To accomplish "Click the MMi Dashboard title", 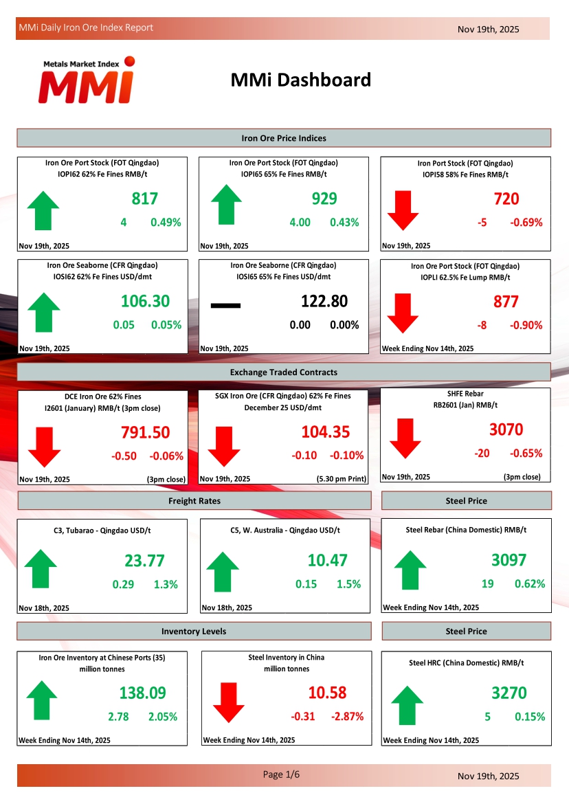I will point(301,80).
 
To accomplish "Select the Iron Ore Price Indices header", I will point(284,138).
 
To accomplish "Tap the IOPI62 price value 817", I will point(145,199).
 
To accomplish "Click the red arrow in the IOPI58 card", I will point(403,210).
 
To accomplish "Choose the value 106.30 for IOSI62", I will point(145,302).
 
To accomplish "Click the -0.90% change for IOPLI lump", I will point(526,325).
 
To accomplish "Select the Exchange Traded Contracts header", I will point(284,372).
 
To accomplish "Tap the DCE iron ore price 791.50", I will point(145,433).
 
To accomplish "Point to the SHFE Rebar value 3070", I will point(506,430).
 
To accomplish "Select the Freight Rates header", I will point(194,501).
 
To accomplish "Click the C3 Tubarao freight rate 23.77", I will point(144,561).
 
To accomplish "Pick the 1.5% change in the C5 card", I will point(348,584).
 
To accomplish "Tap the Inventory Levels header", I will point(194,632).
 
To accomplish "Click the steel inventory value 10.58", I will point(328,693).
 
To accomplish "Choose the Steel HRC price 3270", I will point(509,693).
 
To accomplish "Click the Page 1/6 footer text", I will point(282,774).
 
